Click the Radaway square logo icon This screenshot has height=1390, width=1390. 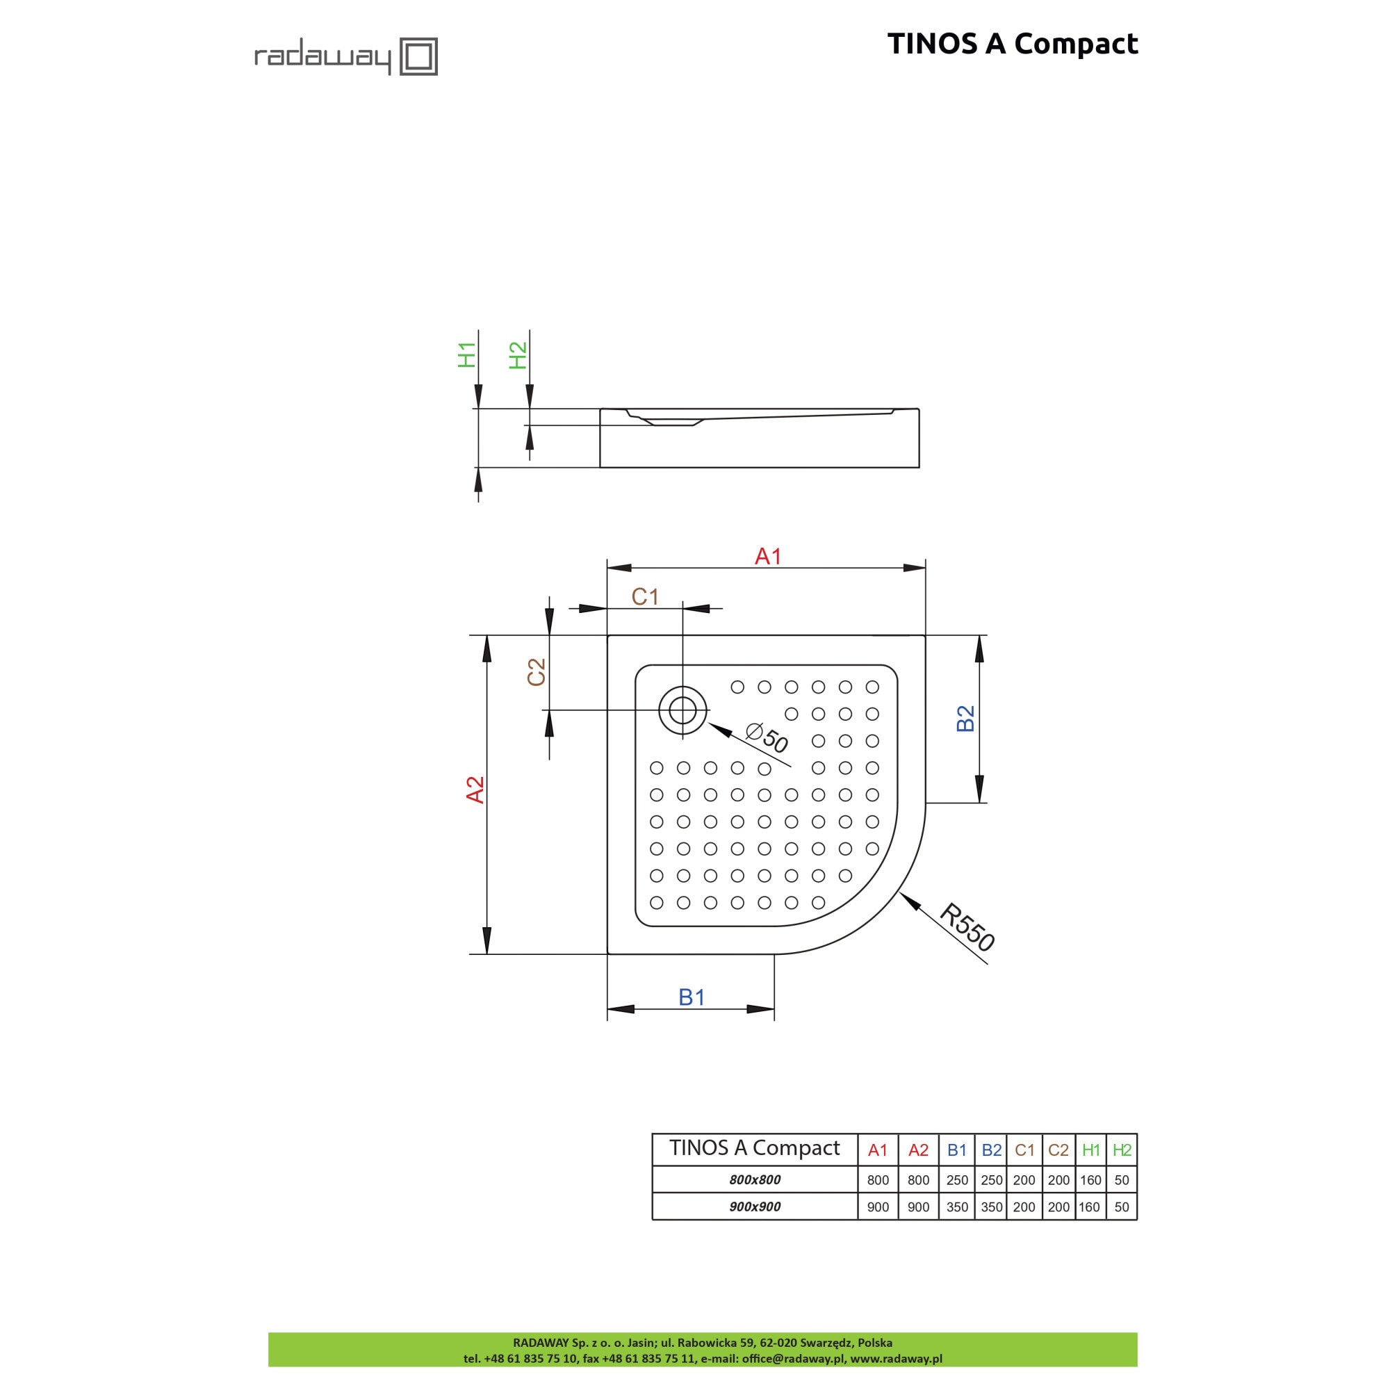click(418, 56)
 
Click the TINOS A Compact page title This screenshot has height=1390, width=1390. click(1013, 44)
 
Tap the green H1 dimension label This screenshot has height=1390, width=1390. click(467, 355)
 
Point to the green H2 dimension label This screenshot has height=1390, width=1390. click(518, 355)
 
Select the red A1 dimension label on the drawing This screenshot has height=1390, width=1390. click(768, 556)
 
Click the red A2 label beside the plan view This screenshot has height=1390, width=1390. click(475, 790)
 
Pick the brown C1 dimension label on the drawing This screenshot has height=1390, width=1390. click(646, 596)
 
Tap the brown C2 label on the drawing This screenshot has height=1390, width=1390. click(537, 672)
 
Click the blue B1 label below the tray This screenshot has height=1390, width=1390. click(692, 997)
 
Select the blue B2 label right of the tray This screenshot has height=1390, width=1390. click(965, 718)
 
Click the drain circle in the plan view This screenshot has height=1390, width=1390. click(682, 711)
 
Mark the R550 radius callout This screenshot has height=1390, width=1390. click(967, 927)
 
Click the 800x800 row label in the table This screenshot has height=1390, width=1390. click(755, 1180)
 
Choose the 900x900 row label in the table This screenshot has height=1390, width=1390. click(755, 1207)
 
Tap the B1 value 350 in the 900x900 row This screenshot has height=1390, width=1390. click(957, 1207)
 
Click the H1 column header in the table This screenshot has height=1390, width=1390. click(1090, 1150)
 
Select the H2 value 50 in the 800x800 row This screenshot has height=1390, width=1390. click(1122, 1180)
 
